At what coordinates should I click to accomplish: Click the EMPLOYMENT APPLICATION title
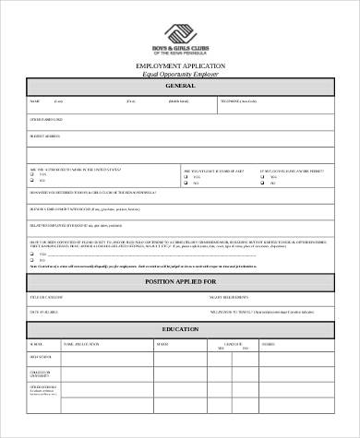180,67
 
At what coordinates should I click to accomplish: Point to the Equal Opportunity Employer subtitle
180,75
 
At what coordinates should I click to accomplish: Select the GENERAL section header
180,86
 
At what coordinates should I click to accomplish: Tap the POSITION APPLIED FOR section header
180,280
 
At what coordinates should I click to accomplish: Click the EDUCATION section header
180,329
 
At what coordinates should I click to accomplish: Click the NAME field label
35,101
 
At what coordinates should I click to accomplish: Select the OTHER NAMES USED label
47,119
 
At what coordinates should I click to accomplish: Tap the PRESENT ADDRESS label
45,136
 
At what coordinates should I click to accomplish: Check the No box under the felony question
33,260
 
